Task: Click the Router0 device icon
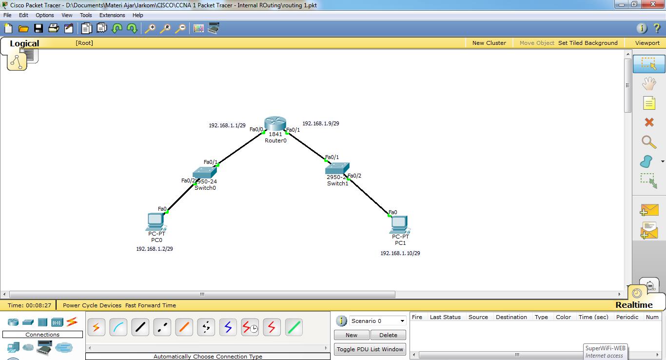[x=275, y=124]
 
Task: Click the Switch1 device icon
[x=337, y=168]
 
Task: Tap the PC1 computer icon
[x=399, y=224]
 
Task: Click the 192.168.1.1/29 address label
[x=227, y=125]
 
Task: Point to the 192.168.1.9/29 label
[x=321, y=123]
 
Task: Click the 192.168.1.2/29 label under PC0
[x=155, y=249]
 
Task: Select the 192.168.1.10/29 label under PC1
[x=400, y=253]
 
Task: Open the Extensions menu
[x=112, y=15]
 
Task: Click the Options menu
[x=45, y=15]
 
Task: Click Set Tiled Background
[x=588, y=43]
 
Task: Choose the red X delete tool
[x=649, y=122]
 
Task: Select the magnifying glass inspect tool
[x=648, y=142]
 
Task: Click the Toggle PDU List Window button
[x=370, y=349]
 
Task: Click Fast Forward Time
[x=151, y=305]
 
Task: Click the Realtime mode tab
[x=634, y=305]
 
